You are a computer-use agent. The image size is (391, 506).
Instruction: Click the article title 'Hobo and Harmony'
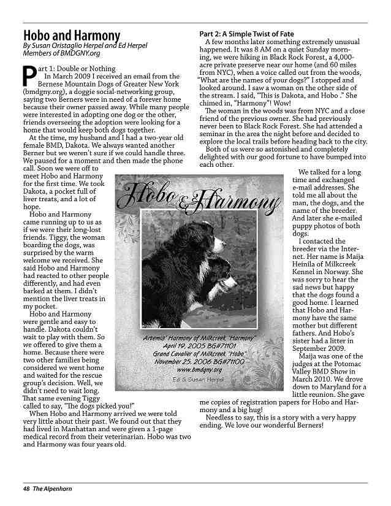click(71, 36)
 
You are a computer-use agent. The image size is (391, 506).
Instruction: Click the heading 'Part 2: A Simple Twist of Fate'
click(246, 33)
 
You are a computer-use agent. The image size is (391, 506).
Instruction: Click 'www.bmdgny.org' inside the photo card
click(199, 370)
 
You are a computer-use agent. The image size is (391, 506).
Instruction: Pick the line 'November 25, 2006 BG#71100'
click(199, 362)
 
